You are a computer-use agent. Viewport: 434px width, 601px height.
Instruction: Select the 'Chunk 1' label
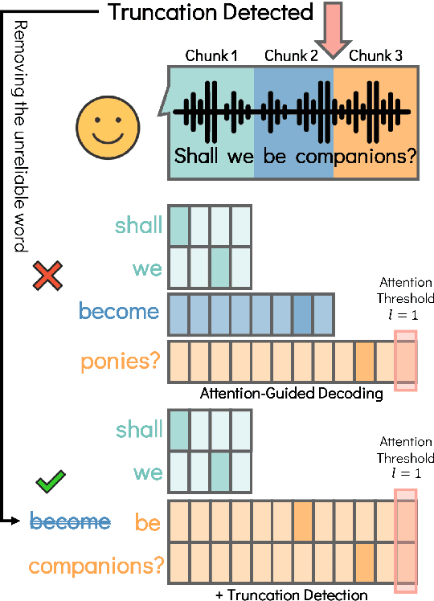211,58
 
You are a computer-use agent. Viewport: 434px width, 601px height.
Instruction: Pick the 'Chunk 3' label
375,58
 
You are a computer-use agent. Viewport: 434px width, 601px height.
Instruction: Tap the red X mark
49,277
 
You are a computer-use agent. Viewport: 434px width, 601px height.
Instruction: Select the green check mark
51,483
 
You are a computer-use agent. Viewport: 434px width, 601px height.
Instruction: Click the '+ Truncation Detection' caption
292,595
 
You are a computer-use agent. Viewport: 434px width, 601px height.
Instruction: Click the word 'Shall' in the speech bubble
197,155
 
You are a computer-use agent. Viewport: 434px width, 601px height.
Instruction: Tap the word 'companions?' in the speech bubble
354,155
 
